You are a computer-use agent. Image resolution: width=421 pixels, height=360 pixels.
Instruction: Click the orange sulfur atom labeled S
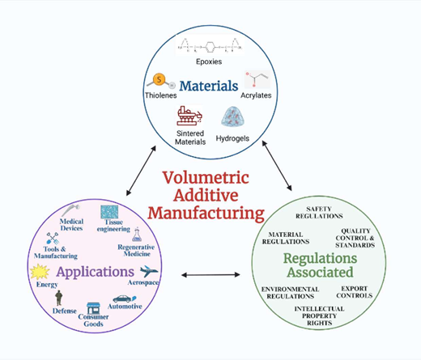[159, 79]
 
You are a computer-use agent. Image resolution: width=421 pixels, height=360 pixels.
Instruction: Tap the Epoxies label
[209, 61]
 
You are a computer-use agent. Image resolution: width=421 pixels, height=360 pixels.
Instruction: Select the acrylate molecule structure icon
[257, 79]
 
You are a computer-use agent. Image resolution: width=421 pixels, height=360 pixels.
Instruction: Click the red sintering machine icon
[189, 116]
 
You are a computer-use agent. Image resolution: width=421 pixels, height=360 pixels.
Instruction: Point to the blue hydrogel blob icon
[233, 116]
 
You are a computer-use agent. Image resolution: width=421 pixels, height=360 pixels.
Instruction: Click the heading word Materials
[209, 86]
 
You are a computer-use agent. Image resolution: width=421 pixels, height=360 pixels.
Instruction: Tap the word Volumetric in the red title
[206, 178]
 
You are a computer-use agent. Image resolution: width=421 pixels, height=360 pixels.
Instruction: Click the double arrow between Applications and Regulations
[210, 275]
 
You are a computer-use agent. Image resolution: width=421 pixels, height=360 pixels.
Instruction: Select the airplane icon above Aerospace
[149, 271]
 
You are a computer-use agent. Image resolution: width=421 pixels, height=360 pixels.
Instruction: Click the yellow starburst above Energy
[40, 272]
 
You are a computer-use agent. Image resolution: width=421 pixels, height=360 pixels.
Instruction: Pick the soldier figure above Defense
[59, 298]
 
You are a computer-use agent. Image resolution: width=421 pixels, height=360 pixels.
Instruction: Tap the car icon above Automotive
[125, 299]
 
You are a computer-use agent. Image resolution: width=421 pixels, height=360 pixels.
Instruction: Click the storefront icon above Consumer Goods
[93, 308]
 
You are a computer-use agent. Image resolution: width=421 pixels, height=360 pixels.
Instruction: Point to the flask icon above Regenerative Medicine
[137, 235]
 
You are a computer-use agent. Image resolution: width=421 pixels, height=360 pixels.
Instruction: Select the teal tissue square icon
[109, 212]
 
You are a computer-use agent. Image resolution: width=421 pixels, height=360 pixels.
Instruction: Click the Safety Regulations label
[319, 213]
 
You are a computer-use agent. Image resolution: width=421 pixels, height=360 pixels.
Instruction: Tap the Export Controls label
[355, 292]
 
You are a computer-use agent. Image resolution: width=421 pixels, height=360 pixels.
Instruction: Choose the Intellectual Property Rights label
[319, 316]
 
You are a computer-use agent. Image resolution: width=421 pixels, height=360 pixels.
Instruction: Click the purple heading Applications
[95, 272]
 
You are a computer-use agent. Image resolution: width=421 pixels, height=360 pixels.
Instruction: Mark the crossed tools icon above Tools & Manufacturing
[53, 238]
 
